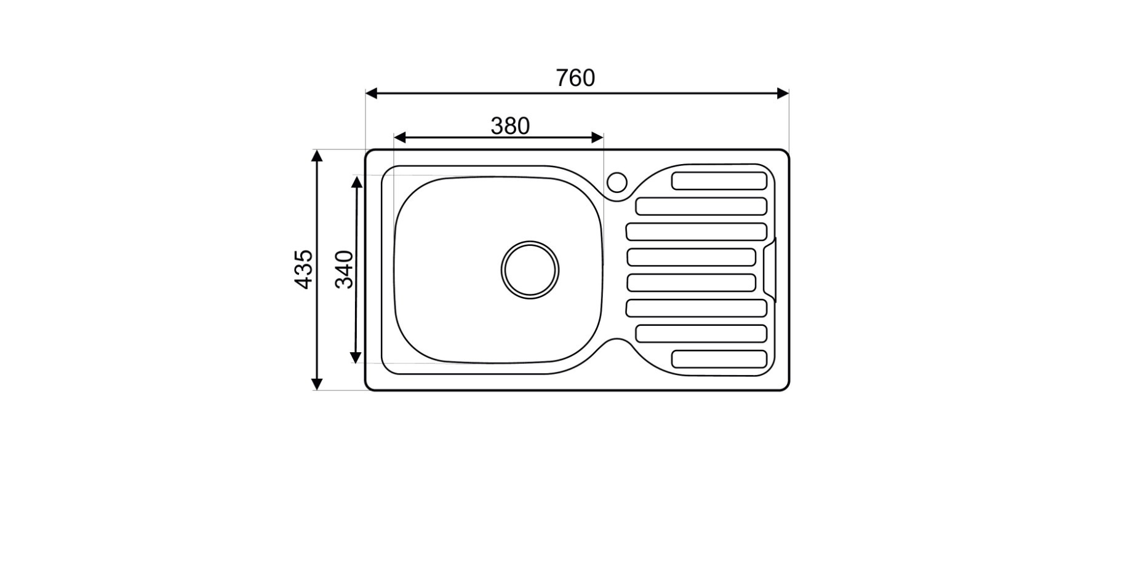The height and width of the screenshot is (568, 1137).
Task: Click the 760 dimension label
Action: (x=575, y=78)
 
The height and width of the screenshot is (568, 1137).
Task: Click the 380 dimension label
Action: (x=510, y=126)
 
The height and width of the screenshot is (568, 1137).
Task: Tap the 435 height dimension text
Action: (x=304, y=269)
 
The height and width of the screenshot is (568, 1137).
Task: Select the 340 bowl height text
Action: (x=345, y=269)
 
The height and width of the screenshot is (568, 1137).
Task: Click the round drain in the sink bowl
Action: (x=530, y=270)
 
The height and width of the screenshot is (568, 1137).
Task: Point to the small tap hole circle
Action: (x=616, y=183)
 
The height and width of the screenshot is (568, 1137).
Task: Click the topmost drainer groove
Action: (x=719, y=181)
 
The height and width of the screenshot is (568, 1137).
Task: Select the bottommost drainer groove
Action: (x=719, y=359)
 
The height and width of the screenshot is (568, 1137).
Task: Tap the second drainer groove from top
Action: (x=701, y=206)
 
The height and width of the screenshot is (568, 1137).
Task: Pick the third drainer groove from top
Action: (x=696, y=232)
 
